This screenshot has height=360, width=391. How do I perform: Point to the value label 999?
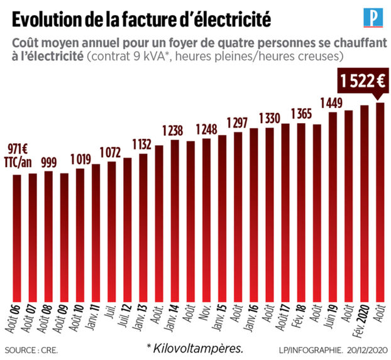48,161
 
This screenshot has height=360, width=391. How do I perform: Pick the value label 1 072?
111,151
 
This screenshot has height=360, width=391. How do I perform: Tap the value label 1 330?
270,118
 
